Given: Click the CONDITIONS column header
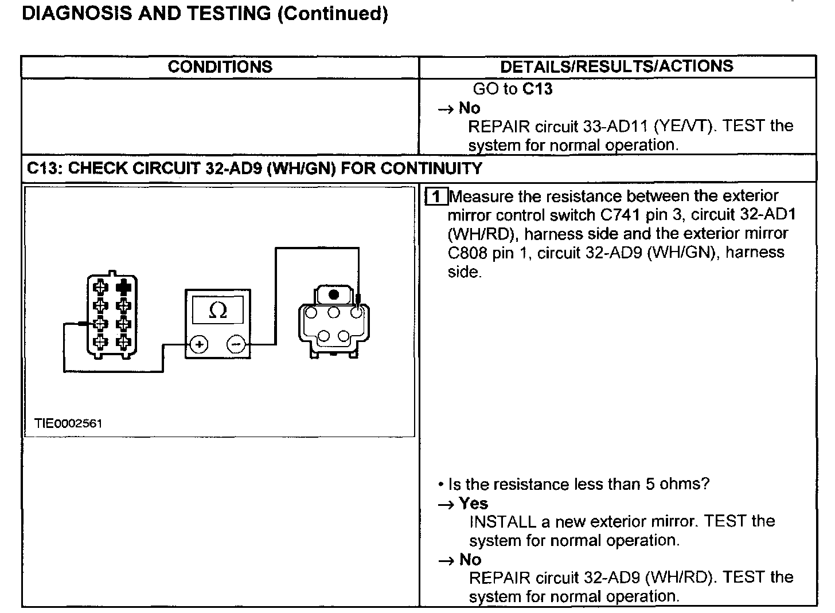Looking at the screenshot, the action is point(220,67).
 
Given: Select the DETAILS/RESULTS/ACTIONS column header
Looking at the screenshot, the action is point(617,66).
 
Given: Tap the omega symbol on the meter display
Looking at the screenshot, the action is point(218,310).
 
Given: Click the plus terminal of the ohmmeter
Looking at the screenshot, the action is point(199,344).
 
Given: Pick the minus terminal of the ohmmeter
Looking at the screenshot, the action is point(236,344).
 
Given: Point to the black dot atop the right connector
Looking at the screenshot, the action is point(334,295).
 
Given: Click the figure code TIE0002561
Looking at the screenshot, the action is point(68,423).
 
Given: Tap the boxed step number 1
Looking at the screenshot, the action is point(436,197).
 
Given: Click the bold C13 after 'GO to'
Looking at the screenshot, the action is point(537,89).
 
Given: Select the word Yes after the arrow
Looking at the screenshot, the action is point(473,504).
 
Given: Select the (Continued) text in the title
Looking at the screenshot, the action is point(333,13).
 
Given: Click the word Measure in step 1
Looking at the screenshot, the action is point(482,197).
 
